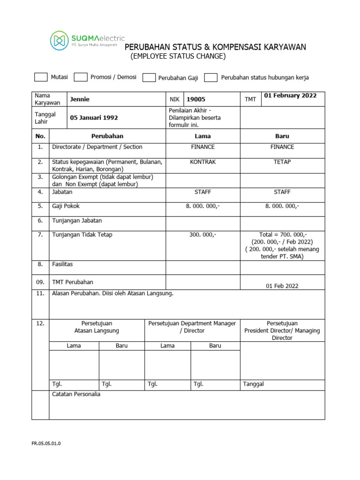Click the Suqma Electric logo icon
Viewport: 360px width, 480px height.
pyautogui.click(x=59, y=40)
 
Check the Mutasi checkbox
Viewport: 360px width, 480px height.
pyautogui.click(x=41, y=77)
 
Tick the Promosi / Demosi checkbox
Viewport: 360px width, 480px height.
pyautogui.click(x=81, y=77)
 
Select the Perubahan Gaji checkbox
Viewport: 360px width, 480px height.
pyautogui.click(x=149, y=78)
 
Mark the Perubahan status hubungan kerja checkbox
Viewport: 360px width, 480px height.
pyautogui.click(x=211, y=78)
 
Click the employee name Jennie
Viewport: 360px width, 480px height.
pyautogui.click(x=80, y=99)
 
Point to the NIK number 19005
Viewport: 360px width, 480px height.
pyautogui.click(x=196, y=99)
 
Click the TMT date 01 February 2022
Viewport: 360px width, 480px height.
pyautogui.click(x=290, y=96)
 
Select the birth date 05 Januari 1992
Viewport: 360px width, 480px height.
pyautogui.click(x=94, y=118)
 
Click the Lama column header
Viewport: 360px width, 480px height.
pyautogui.click(x=202, y=136)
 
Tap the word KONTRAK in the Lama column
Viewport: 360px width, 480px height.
pyautogui.click(x=202, y=162)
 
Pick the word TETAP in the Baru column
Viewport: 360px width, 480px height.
pyautogui.click(x=282, y=162)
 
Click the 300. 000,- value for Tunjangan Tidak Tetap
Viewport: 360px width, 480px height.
pyautogui.click(x=202, y=235)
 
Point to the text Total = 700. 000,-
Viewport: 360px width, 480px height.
pyautogui.click(x=283, y=235)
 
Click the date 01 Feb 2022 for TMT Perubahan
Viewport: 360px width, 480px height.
pyautogui.click(x=282, y=286)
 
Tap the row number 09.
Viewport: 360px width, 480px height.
pyautogui.click(x=41, y=282)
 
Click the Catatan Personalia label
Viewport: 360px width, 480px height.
pyautogui.click(x=76, y=394)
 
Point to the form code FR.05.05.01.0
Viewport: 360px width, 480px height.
pyautogui.click(x=46, y=443)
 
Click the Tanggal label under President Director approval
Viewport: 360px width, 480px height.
pyautogui.click(x=254, y=384)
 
